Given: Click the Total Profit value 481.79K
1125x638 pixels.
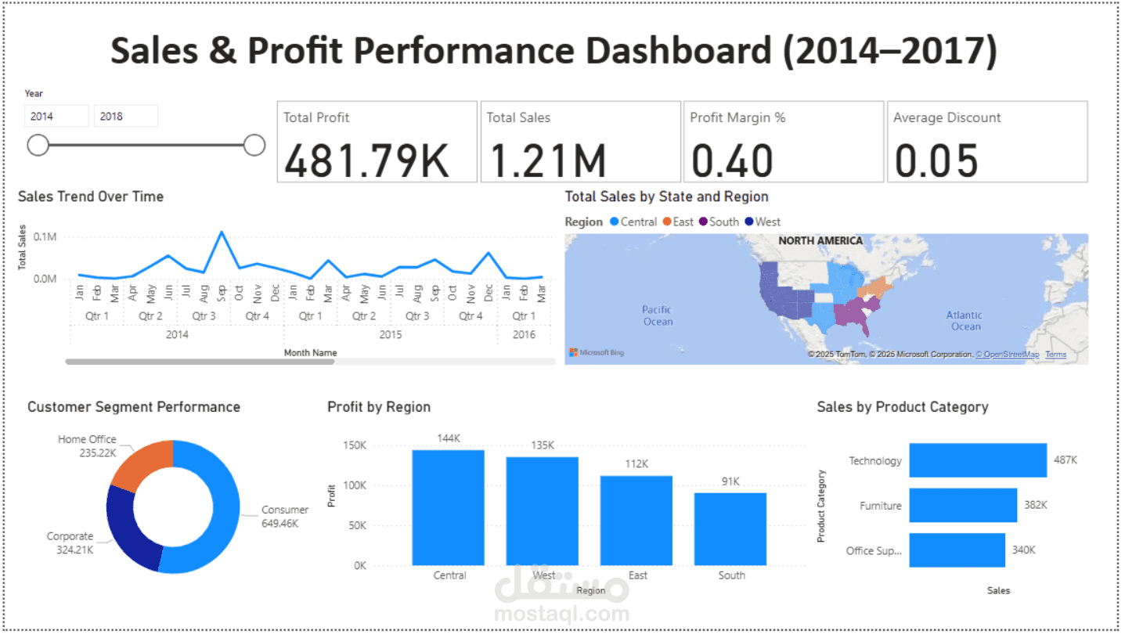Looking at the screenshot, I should pyautogui.click(x=366, y=160).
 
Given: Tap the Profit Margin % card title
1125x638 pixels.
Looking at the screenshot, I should pyautogui.click(x=737, y=117).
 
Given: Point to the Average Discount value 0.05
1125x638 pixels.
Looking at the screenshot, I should pyautogui.click(x=936, y=160).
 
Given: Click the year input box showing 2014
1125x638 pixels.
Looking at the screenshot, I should pyautogui.click(x=56, y=116).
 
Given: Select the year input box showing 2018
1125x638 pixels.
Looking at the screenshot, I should pyautogui.click(x=125, y=116).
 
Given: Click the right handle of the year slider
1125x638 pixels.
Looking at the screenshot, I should pyautogui.click(x=254, y=145).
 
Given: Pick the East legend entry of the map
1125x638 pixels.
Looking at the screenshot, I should pyautogui.click(x=678, y=222).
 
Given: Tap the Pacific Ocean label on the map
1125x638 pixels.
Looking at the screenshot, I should pyautogui.click(x=658, y=315).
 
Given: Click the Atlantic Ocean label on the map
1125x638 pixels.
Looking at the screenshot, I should pyautogui.click(x=965, y=320).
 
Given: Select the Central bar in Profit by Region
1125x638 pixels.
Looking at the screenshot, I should pyautogui.click(x=449, y=507).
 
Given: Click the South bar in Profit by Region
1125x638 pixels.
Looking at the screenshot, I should pyautogui.click(x=730, y=528).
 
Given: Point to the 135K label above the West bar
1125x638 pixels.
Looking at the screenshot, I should pyautogui.click(x=542, y=445).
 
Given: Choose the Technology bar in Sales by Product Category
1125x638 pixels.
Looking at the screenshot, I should pyautogui.click(x=977, y=460).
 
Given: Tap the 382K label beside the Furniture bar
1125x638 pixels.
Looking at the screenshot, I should pyautogui.click(x=1035, y=505).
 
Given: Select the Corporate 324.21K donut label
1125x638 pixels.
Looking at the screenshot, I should pyautogui.click(x=70, y=542).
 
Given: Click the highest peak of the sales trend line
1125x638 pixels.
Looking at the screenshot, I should pyautogui.click(x=222, y=232).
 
